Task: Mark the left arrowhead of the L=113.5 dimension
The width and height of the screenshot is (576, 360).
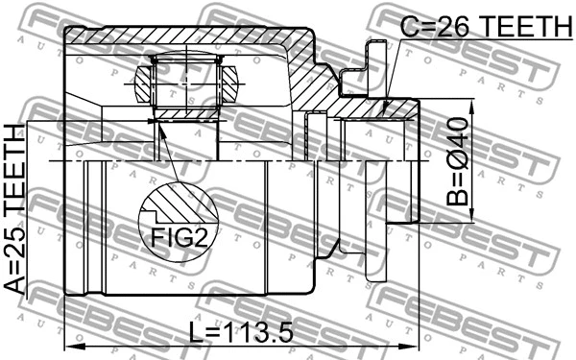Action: tap(68, 345)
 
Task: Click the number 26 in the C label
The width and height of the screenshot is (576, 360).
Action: tap(449, 26)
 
